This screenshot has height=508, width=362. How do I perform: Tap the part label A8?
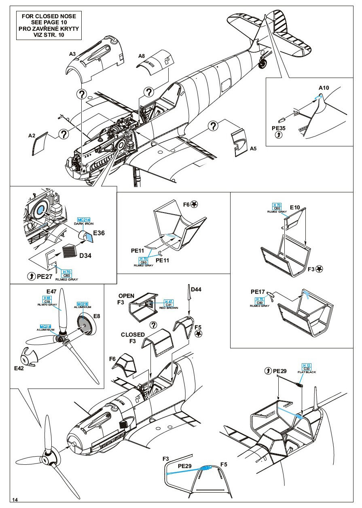(x=142, y=56)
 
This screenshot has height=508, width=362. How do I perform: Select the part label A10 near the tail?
(x=324, y=88)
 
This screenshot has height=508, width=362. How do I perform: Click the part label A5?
(x=253, y=148)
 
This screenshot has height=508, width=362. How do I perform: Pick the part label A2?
(x=32, y=136)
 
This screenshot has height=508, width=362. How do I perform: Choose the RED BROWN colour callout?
(x=172, y=307)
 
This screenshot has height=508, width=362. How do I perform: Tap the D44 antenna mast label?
(x=197, y=289)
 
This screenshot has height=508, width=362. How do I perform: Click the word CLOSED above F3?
(x=133, y=335)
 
